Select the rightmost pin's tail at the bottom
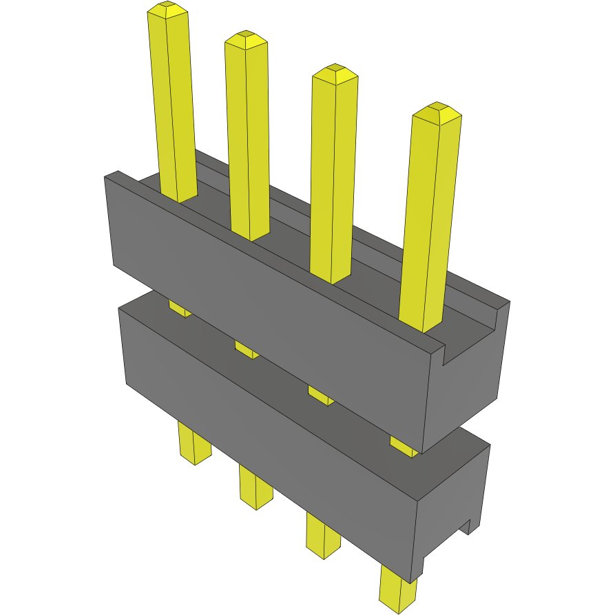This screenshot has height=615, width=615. click(x=397, y=589)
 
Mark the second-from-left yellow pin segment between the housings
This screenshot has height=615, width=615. click(x=247, y=349)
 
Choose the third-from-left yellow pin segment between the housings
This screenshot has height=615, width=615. click(x=320, y=395)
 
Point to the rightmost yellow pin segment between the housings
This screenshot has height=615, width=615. click(x=404, y=445)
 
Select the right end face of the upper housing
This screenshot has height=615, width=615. click(x=468, y=386)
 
